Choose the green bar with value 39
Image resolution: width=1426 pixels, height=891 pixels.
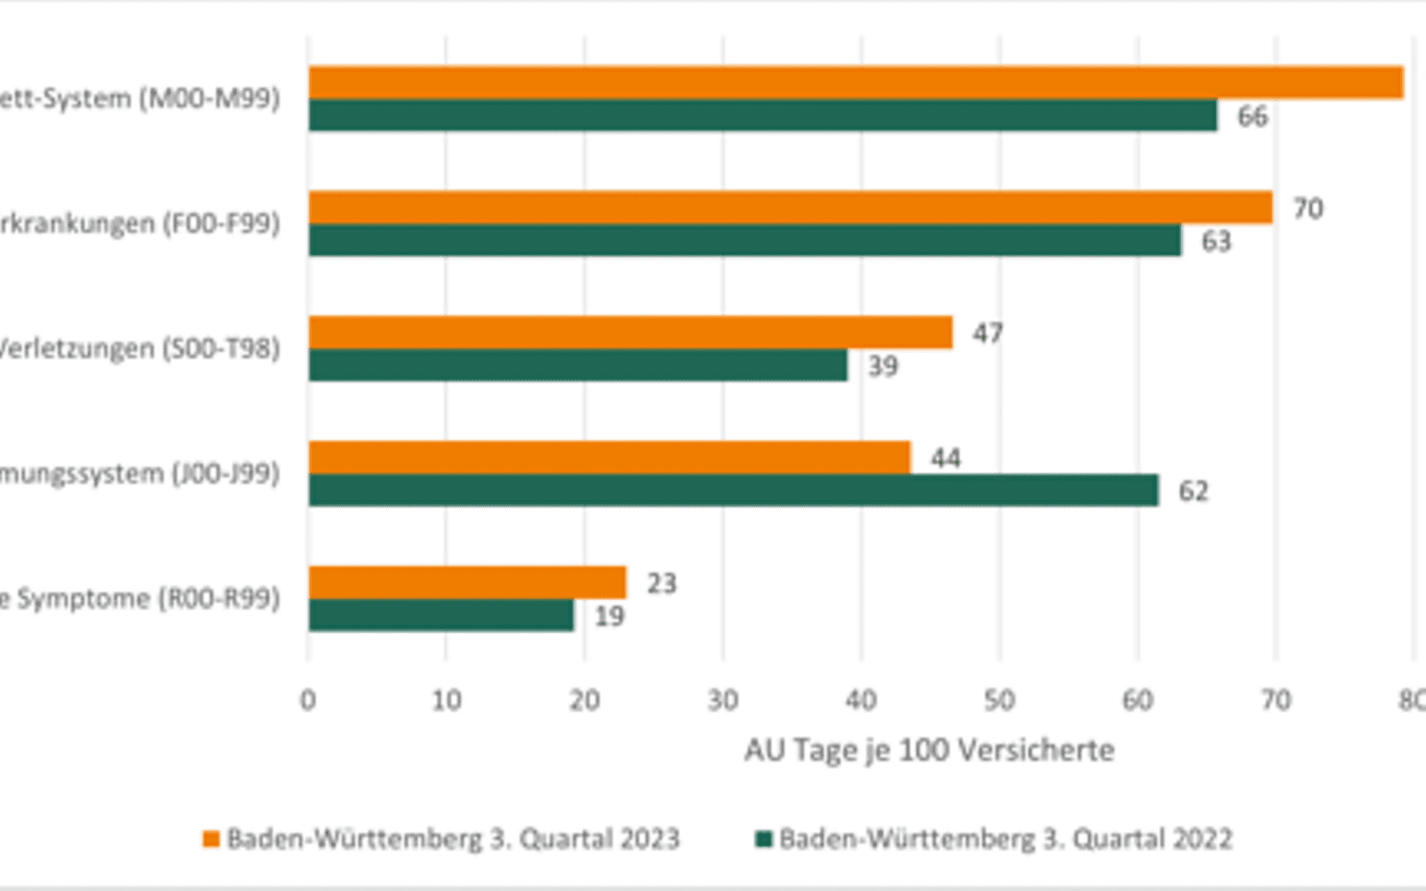(x=578, y=365)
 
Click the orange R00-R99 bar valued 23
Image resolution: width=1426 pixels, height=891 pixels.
(x=467, y=583)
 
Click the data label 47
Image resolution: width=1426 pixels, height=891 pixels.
(x=987, y=333)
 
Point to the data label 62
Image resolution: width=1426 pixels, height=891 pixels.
(x=1193, y=491)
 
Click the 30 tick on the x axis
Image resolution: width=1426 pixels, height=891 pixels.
(x=723, y=700)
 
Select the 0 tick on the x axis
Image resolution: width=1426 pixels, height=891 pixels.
(x=308, y=700)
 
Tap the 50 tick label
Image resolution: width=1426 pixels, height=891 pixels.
(x=999, y=700)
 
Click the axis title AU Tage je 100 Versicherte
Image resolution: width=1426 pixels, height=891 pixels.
(x=929, y=750)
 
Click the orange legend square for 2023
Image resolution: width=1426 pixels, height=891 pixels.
(x=210, y=839)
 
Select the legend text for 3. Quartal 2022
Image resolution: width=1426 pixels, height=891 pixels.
(x=1005, y=839)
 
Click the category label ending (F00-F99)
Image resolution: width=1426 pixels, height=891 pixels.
(x=139, y=223)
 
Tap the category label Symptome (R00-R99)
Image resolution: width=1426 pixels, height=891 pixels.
(x=139, y=599)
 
